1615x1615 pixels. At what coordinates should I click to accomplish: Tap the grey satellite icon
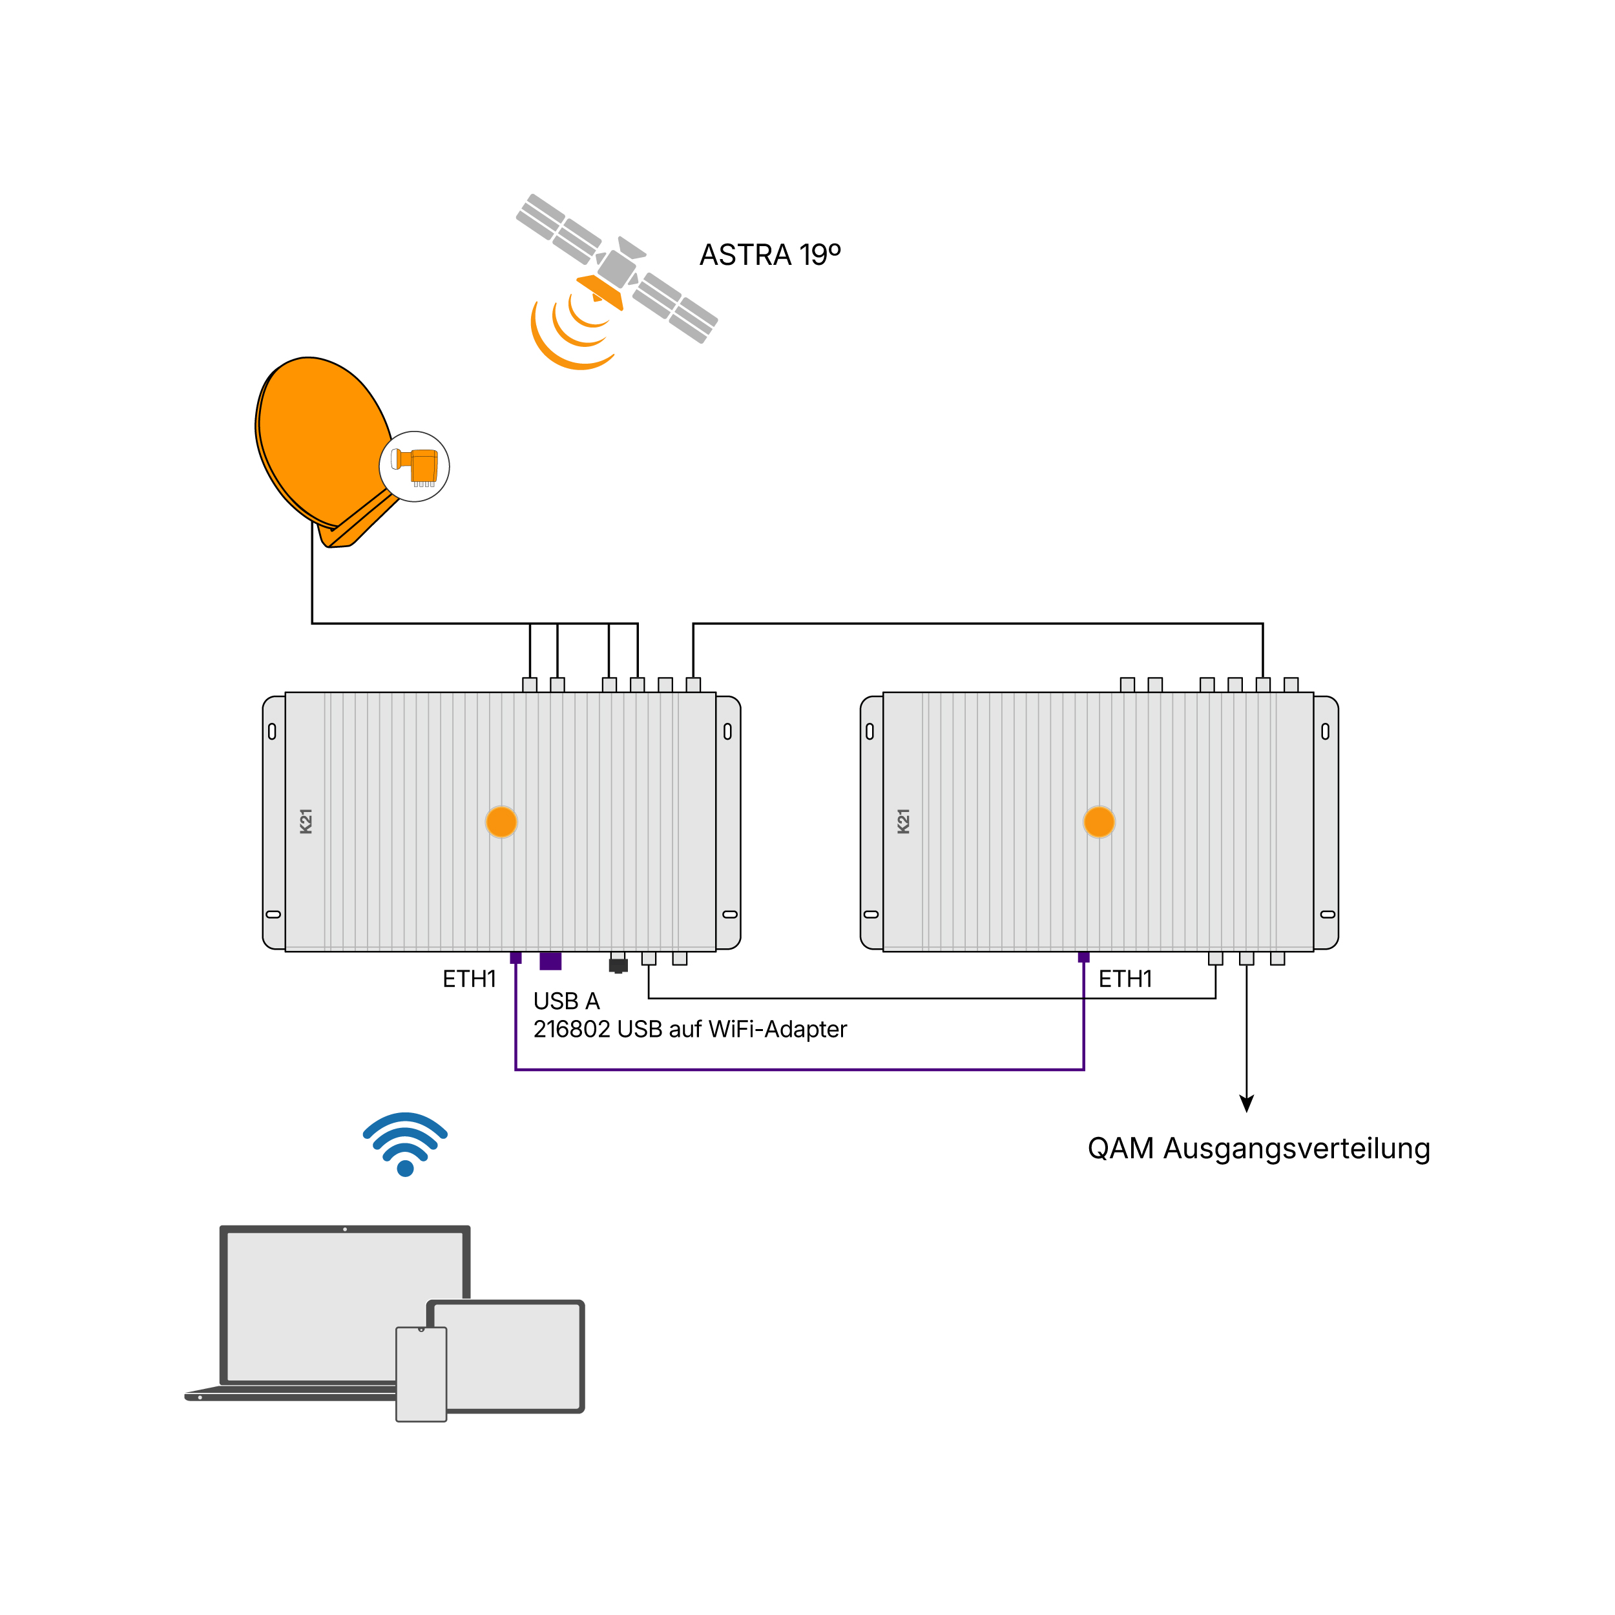coord(617,268)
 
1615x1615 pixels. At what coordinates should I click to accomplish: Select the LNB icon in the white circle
coord(415,467)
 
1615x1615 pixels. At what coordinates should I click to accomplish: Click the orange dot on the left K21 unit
coord(501,822)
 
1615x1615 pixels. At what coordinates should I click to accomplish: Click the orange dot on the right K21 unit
coord(1099,822)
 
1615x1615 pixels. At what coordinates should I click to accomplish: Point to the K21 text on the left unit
coord(306,821)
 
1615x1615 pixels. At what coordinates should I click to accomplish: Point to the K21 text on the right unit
coord(904,821)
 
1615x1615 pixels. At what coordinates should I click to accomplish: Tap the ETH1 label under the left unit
coord(469,979)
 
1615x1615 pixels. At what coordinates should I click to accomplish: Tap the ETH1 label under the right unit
coord(1125,979)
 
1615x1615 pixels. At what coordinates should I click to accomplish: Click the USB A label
coord(567,1001)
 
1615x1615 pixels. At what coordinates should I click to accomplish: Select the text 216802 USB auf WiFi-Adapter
coord(691,1029)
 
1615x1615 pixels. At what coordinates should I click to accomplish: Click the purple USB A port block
coord(551,961)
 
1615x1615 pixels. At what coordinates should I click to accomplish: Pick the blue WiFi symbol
coord(406,1143)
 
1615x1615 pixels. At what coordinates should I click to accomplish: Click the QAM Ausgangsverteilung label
coord(1259,1149)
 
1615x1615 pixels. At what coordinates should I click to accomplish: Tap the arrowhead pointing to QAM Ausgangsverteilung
coord(1246,1103)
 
